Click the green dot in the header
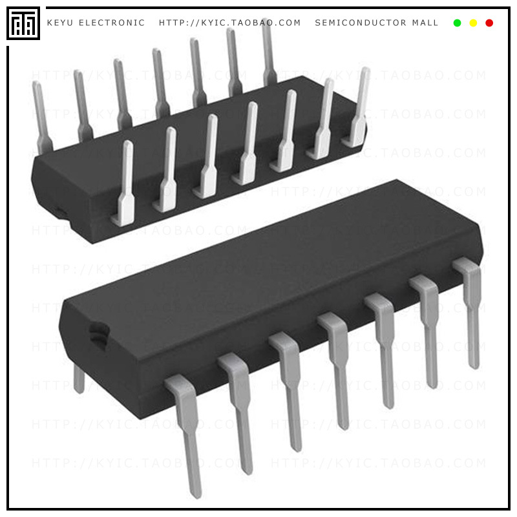click(x=458, y=23)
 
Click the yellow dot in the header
click(x=473, y=23)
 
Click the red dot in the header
click(x=489, y=23)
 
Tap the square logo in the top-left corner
click(x=23, y=23)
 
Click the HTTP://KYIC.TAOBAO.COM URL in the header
click(x=230, y=23)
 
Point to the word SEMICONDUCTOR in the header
click(x=361, y=23)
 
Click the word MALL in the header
click(x=425, y=23)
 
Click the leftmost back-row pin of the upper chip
click(x=41, y=116)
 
